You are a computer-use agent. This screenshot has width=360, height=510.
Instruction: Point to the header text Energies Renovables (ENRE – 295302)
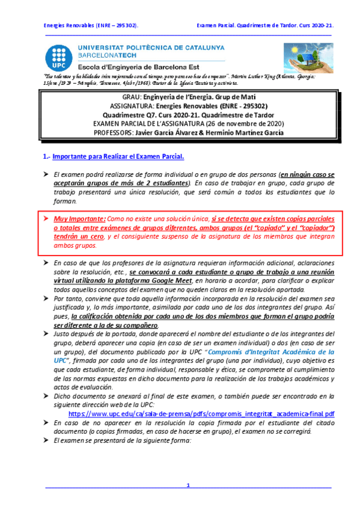pyautogui.click(x=91, y=26)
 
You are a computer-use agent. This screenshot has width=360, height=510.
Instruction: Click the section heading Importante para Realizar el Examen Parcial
pyautogui.click(x=118, y=157)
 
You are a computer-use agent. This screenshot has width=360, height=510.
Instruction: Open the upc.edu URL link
pyautogui.click(x=201, y=414)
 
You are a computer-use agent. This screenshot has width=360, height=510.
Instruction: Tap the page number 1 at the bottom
pyautogui.click(x=188, y=485)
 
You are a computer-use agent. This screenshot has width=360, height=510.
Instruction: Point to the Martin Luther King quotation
pyautogui.click(x=180, y=80)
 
